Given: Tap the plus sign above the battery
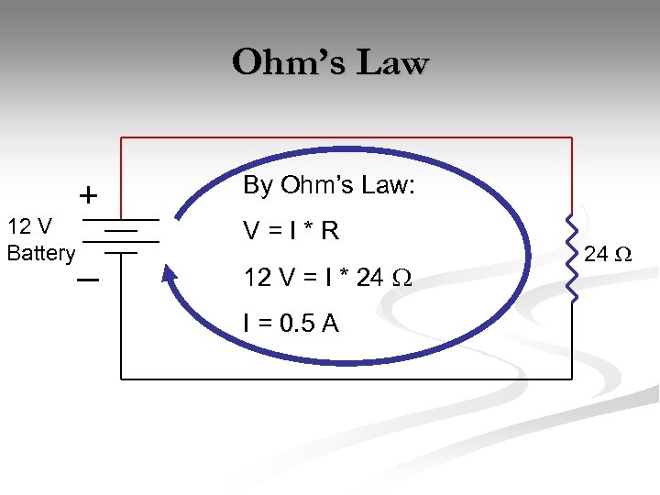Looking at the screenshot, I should coord(87,195).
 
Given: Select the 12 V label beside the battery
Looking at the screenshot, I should coord(29,225).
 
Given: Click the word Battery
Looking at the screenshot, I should coord(40,253).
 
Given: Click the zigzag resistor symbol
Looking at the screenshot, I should coord(571,258).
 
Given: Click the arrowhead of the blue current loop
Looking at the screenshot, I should coord(168,273).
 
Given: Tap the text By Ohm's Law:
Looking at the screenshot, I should coord(328,186).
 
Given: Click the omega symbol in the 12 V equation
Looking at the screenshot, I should coord(404,277).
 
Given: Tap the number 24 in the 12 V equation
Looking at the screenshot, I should coord(371,276).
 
